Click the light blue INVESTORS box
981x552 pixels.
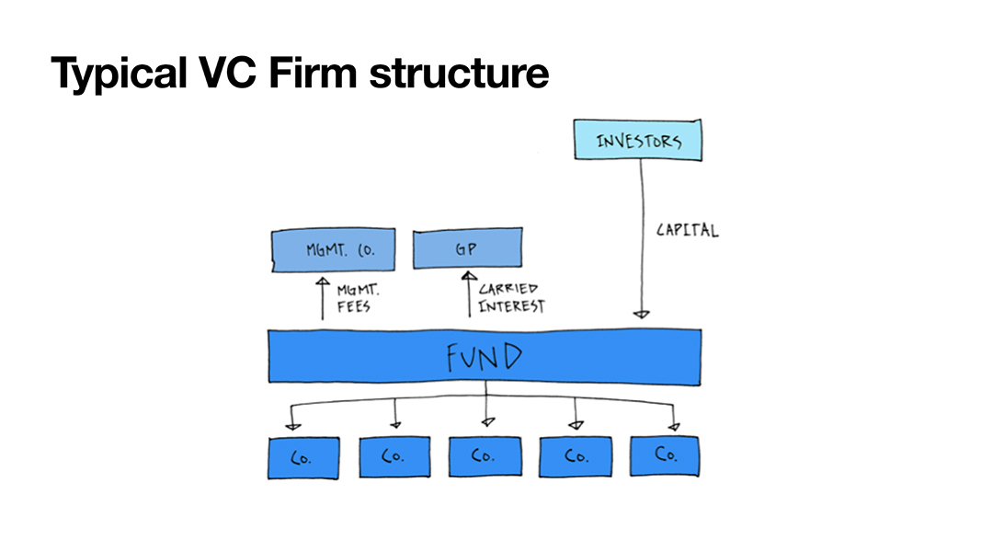coord(638,141)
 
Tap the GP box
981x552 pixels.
coord(468,248)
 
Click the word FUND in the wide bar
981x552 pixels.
coord(485,355)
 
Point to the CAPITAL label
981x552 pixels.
coord(687,229)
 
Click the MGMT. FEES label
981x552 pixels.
coord(353,298)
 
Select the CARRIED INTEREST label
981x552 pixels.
coord(511,298)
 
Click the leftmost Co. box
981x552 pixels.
coord(303,456)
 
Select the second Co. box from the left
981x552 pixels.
coord(394,456)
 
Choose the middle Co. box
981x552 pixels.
coord(485,456)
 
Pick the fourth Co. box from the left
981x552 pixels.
coord(575,456)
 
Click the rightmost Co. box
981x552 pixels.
coord(665,455)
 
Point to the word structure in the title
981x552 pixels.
coord(459,74)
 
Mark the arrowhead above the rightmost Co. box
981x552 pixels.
coord(674,425)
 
